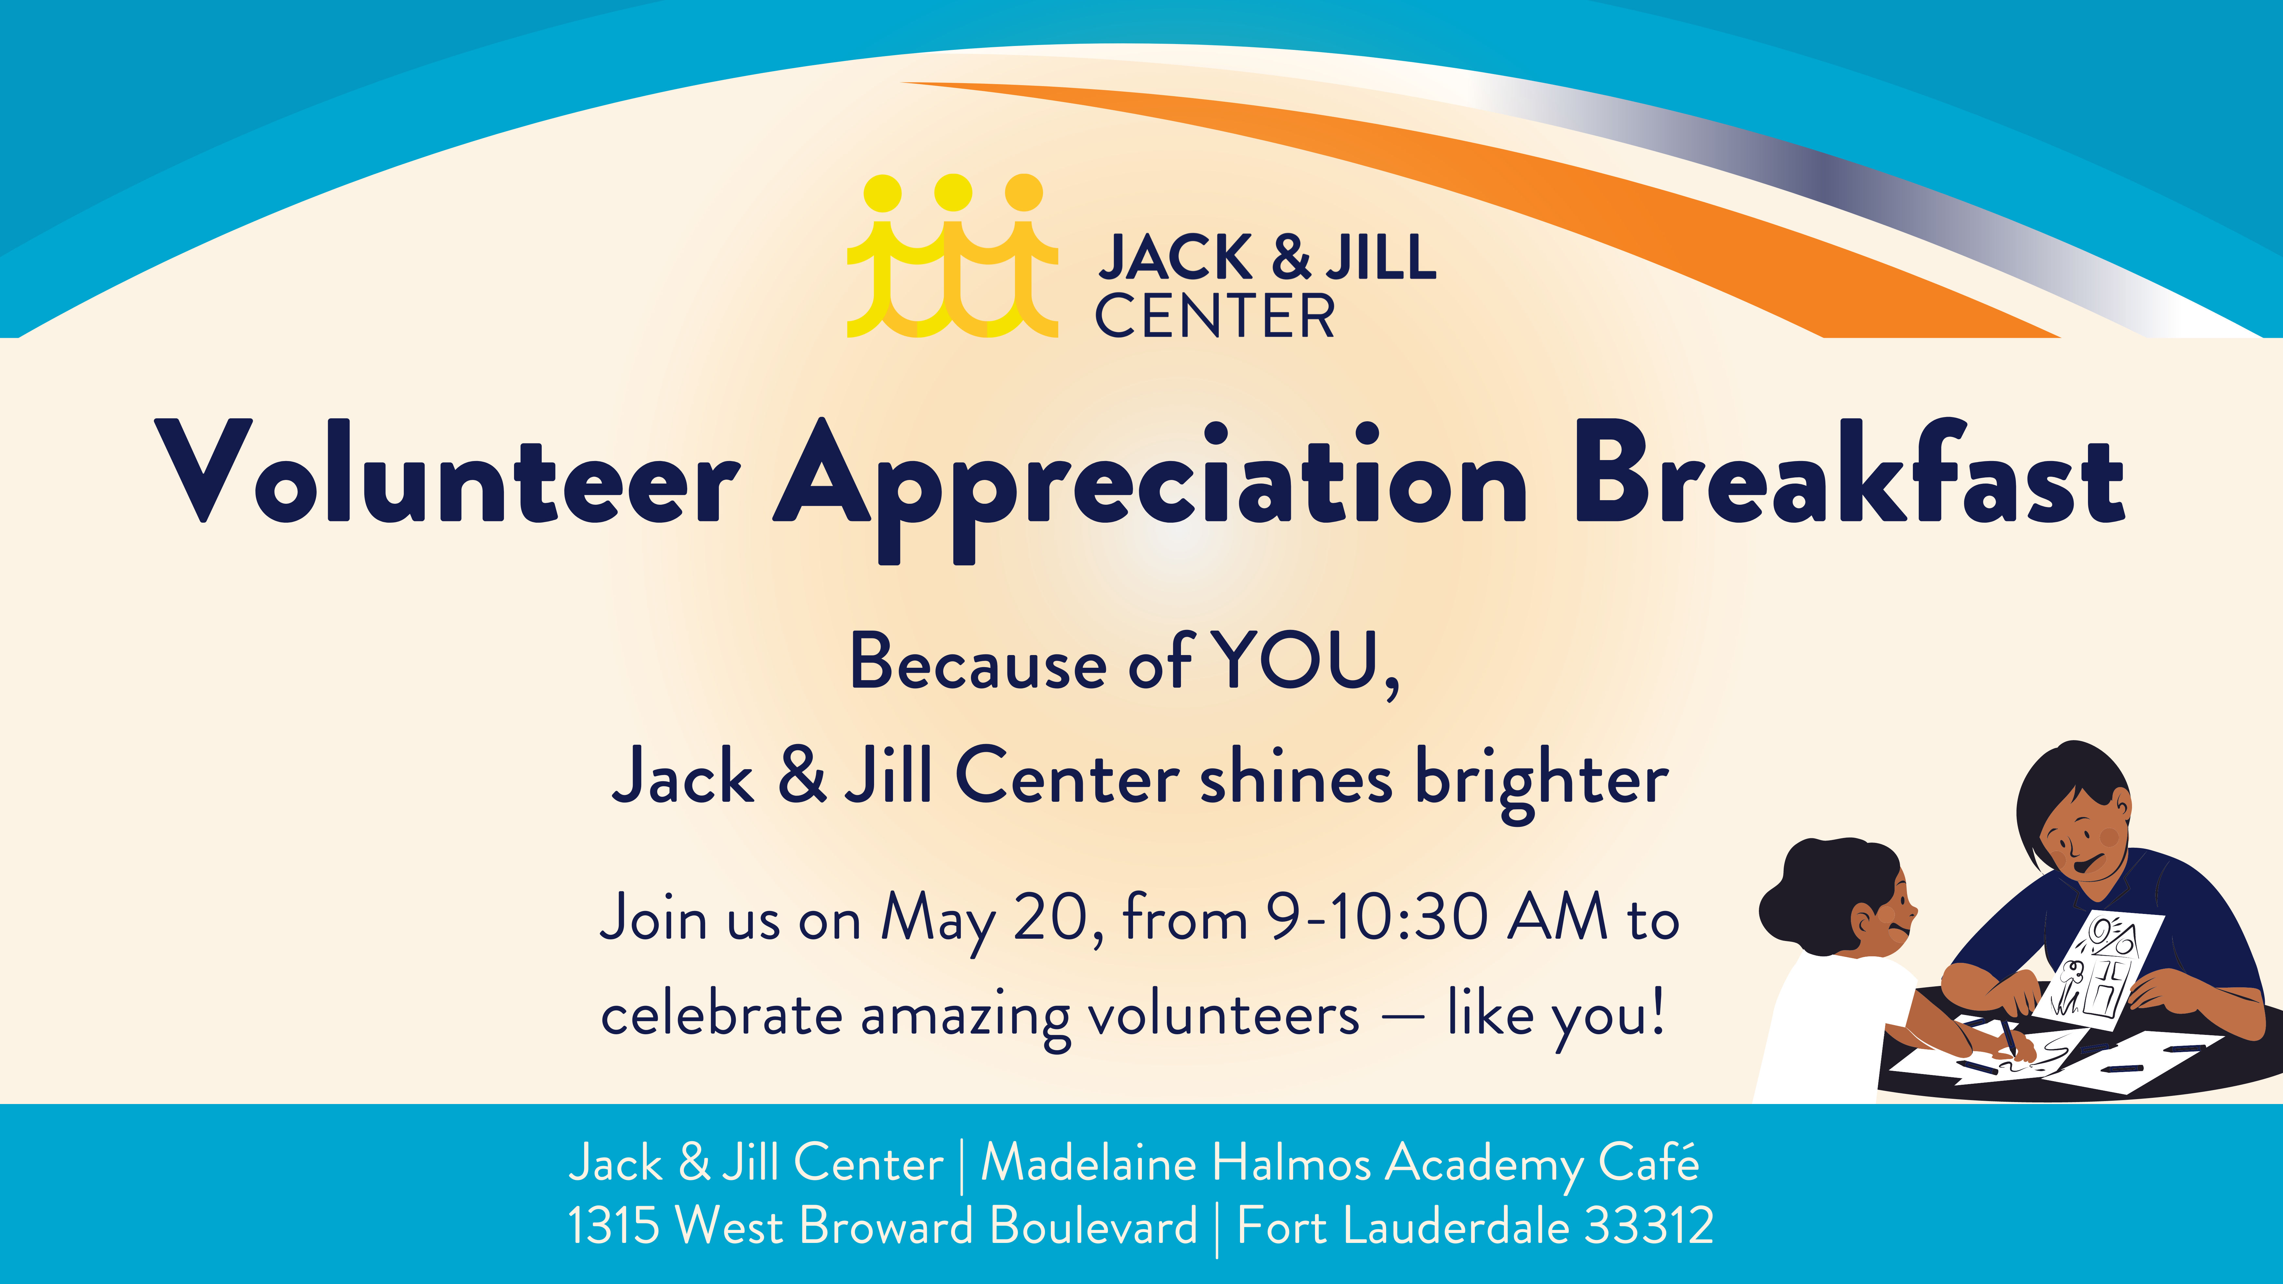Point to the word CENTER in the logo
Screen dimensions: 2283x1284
[x=1215, y=316]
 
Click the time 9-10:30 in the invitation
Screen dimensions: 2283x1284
[x=1378, y=917]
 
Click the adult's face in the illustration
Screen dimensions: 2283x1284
[x=2087, y=837]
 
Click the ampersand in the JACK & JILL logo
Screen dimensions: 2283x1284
[x=1291, y=257]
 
